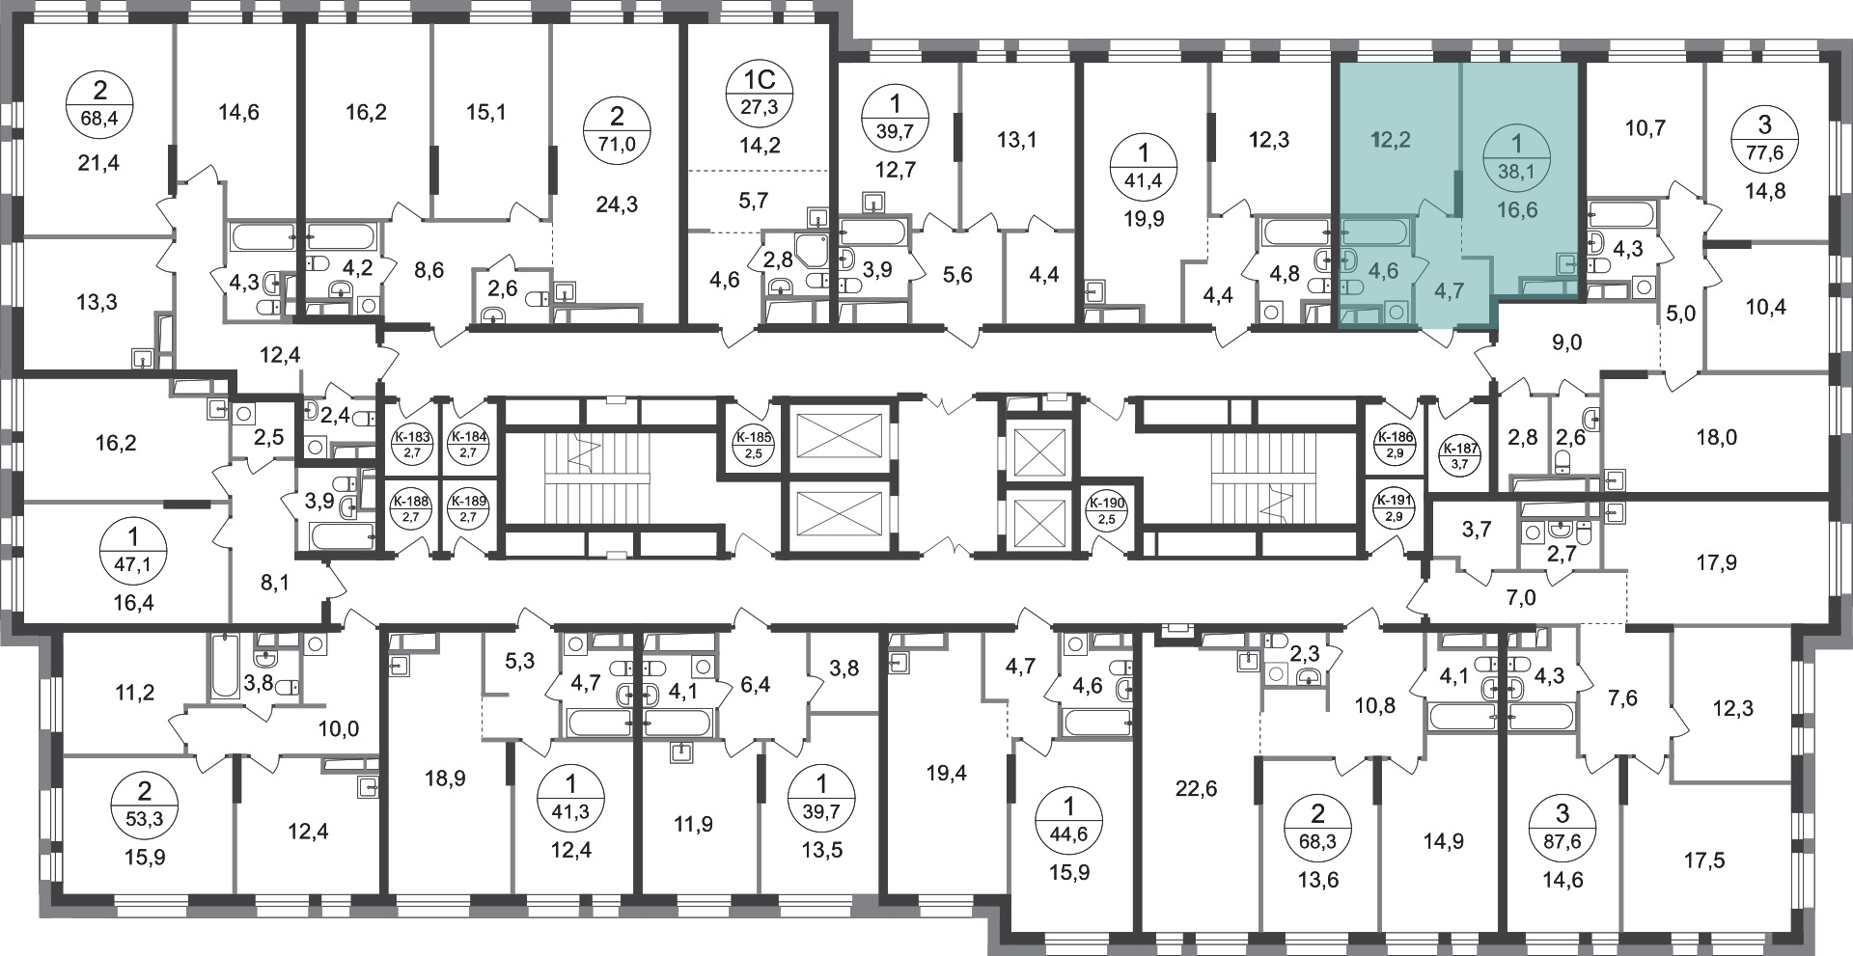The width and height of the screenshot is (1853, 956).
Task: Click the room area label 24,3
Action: [x=618, y=205]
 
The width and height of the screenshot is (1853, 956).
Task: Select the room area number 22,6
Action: [x=1197, y=789]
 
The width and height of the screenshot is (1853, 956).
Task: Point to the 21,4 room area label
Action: [x=98, y=163]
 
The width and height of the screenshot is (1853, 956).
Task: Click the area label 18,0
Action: [x=1716, y=437]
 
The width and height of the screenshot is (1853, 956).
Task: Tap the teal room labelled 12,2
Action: [x=1392, y=140]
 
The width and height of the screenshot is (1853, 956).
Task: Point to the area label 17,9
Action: [x=1716, y=560]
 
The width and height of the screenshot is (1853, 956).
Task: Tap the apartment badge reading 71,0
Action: [x=617, y=133]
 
